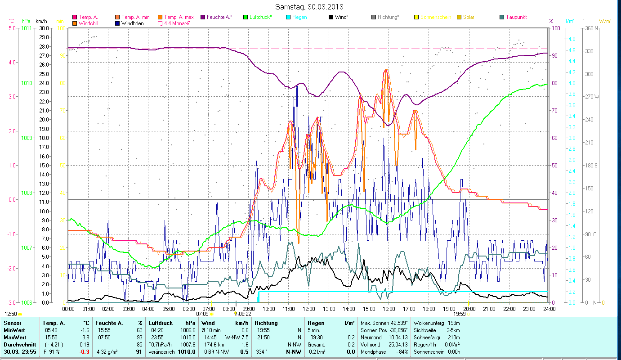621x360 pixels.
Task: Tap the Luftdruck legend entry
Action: coord(260,17)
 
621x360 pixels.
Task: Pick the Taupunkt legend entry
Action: coord(516,17)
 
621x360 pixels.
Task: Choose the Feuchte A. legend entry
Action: coord(219,17)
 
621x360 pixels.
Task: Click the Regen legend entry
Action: coord(299,17)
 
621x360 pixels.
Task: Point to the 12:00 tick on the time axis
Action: coord(309,309)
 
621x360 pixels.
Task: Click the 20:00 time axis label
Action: coord(469,309)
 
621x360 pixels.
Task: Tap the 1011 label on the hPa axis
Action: coord(27,28)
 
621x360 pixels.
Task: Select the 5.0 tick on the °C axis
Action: coord(12,28)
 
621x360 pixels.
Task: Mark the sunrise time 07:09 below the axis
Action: coord(202,314)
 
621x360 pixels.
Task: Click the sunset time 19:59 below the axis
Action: coord(459,314)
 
